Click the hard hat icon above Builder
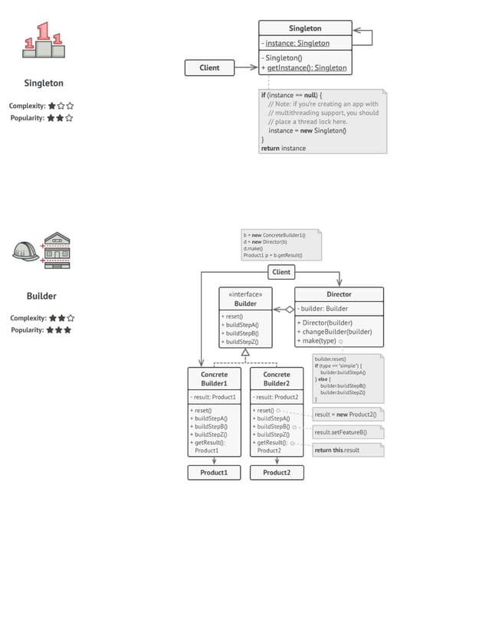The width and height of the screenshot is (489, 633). tap(25, 251)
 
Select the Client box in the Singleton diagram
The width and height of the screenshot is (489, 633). tap(209, 67)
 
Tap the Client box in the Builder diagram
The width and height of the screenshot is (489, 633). tap(281, 272)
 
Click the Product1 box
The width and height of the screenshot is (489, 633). tap(214, 473)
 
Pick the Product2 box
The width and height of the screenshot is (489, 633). tap(277, 473)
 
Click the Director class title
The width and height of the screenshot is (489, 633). tap(339, 294)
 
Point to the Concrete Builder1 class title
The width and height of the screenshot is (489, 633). tap(214, 379)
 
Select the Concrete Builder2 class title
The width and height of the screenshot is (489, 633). tap(277, 379)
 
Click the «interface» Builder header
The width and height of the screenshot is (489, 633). tap(245, 298)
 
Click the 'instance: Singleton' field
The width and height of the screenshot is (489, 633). tap(297, 43)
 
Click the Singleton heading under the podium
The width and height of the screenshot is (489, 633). tap(44, 83)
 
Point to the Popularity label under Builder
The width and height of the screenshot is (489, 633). tap(27, 330)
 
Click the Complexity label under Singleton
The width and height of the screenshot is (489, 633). tap(27, 106)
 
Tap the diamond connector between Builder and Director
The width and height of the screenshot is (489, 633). tap(289, 310)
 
